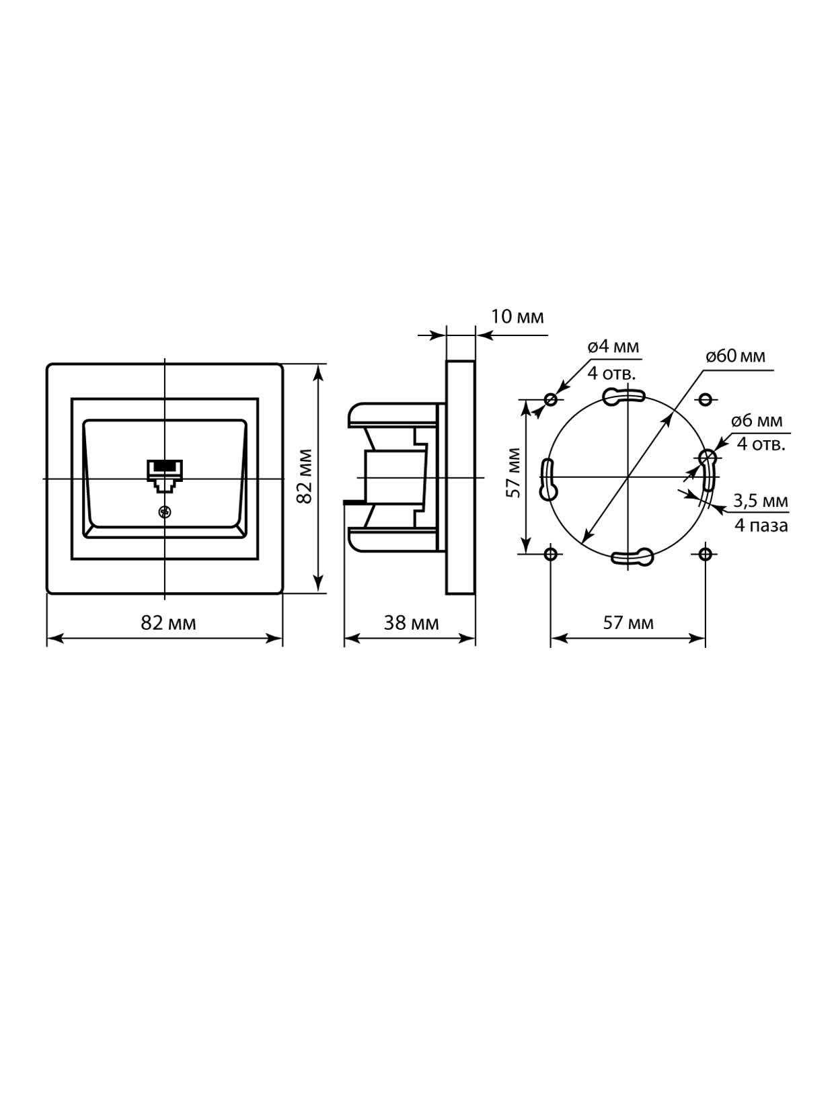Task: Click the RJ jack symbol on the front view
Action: pyautogui.click(x=165, y=476)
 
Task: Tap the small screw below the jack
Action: pyautogui.click(x=164, y=511)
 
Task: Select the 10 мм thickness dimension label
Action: pyautogui.click(x=517, y=317)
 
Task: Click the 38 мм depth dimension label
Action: pyautogui.click(x=411, y=623)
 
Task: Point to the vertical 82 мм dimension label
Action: pyautogui.click(x=304, y=477)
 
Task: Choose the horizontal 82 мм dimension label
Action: pyautogui.click(x=168, y=623)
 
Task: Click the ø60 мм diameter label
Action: pyautogui.click(x=736, y=356)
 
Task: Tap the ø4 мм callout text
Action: pyautogui.click(x=613, y=347)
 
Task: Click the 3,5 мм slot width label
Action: pyautogui.click(x=761, y=501)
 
